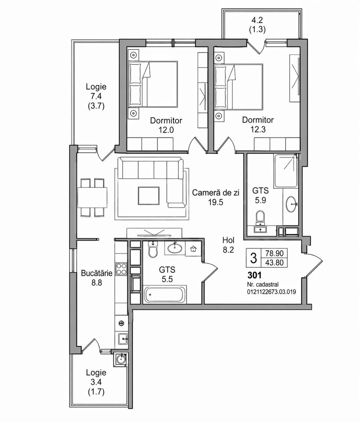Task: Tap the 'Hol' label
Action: pos(228,240)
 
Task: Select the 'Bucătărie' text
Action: pos(97,273)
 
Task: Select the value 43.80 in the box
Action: pos(274,263)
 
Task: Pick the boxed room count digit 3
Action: pos(253,258)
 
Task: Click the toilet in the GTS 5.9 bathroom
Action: pos(260,218)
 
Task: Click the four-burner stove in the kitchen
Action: pos(122,269)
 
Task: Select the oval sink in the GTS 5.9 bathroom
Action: pos(292,204)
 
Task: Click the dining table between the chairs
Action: pos(92,198)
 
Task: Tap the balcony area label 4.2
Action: pos(258,20)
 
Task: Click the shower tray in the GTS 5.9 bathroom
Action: pos(286,170)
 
